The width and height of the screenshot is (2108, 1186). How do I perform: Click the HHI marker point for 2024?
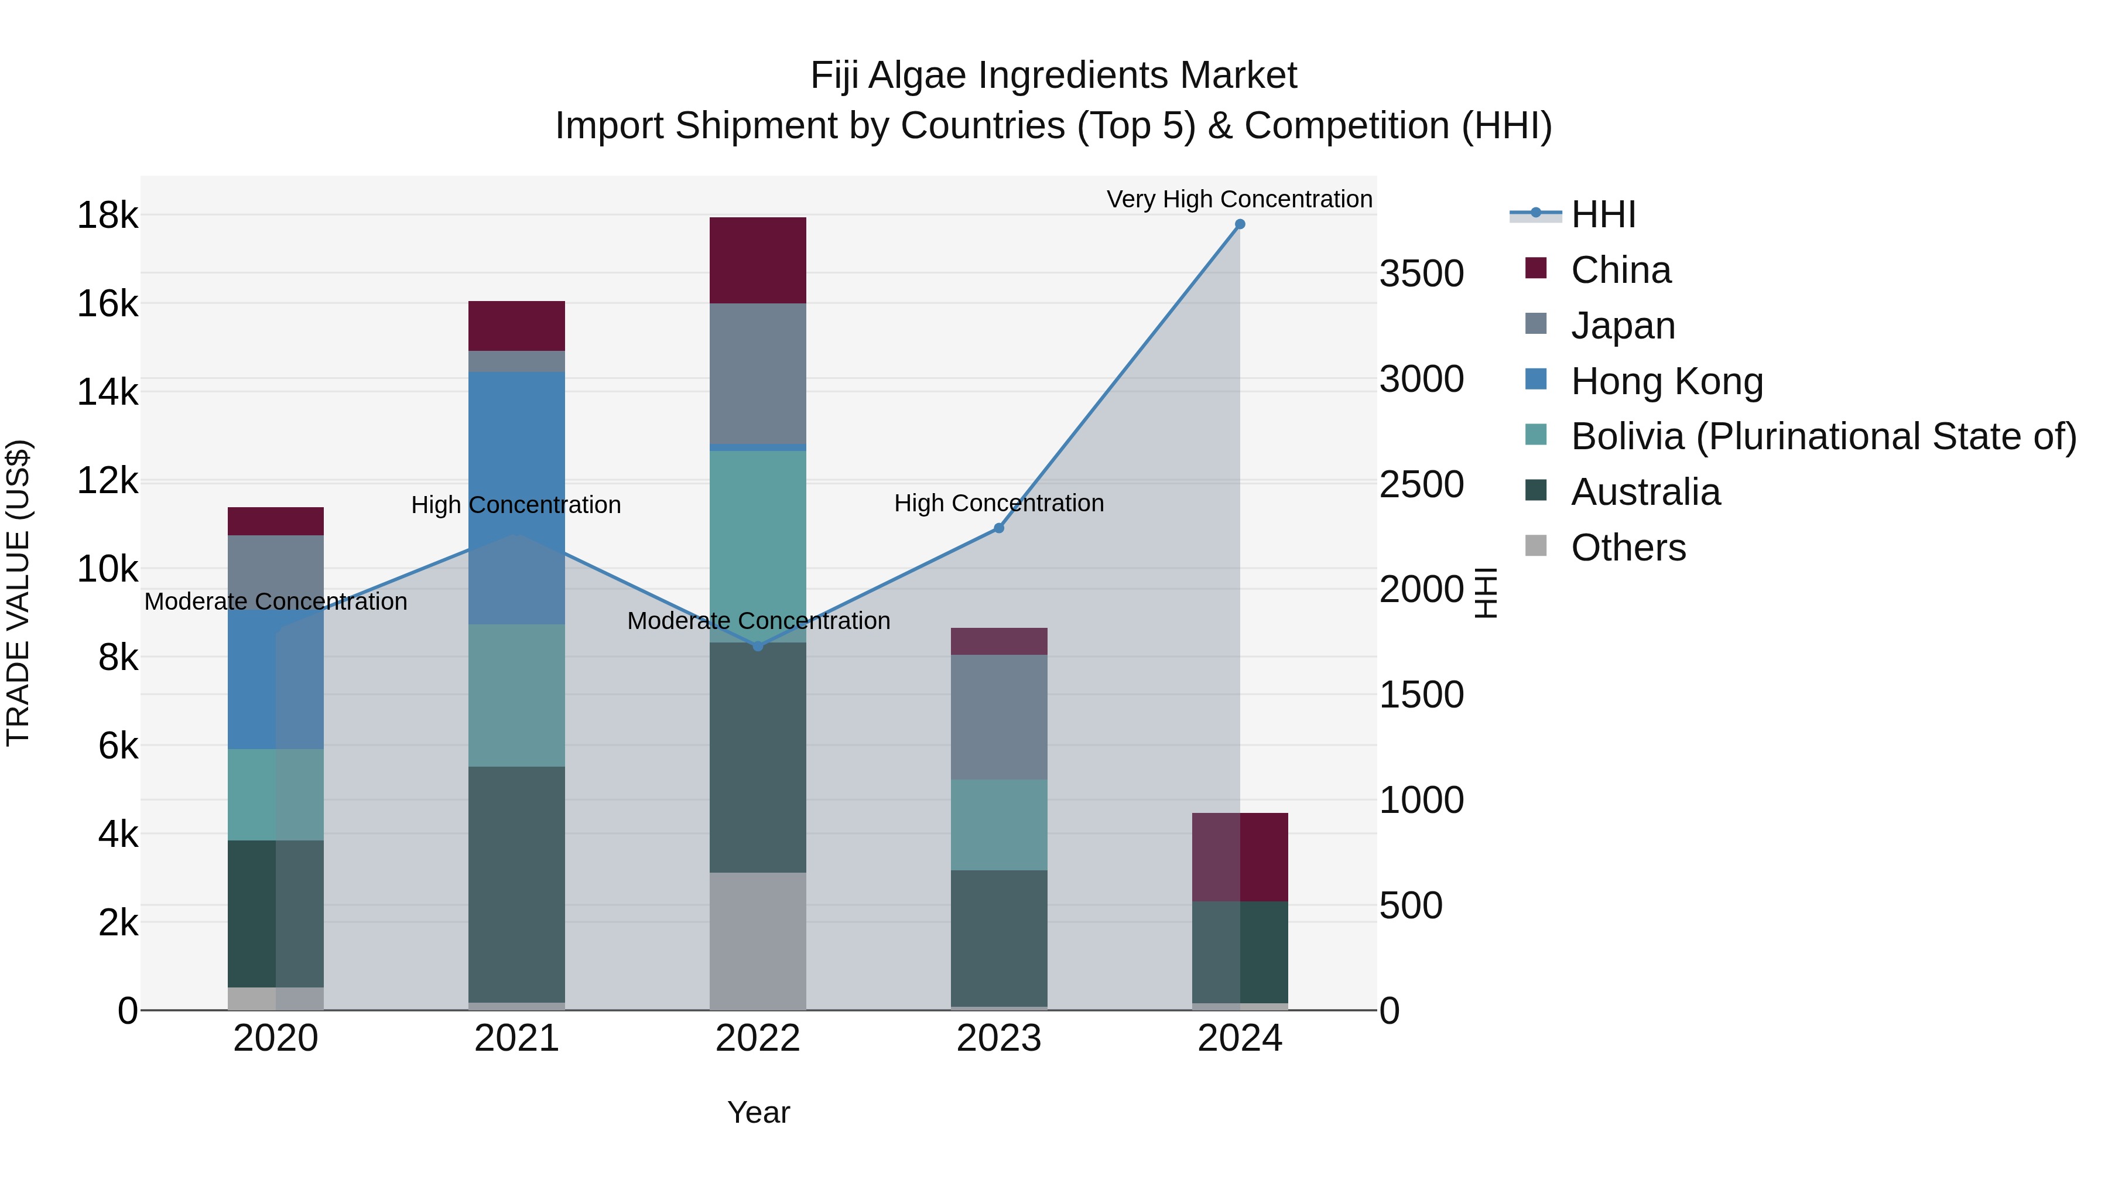coord(1240,224)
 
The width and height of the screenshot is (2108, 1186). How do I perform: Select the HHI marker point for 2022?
coord(758,647)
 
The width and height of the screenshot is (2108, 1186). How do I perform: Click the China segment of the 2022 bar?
coord(758,260)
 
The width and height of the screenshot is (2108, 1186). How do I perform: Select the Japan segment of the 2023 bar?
coord(998,717)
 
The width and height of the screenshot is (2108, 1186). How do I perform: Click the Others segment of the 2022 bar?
coord(758,941)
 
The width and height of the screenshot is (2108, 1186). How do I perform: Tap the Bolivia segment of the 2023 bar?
coord(998,825)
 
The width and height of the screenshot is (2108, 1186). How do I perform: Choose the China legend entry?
coord(1620,270)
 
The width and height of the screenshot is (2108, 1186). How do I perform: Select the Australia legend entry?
coord(1645,493)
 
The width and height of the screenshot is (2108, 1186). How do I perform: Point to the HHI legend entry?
coord(1602,214)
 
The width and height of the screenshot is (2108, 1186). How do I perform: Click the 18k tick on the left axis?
coord(107,216)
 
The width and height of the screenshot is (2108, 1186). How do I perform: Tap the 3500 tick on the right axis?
coord(1421,274)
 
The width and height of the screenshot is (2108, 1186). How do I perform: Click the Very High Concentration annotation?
coord(1239,199)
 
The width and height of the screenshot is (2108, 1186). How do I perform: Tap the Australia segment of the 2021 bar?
coord(516,884)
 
